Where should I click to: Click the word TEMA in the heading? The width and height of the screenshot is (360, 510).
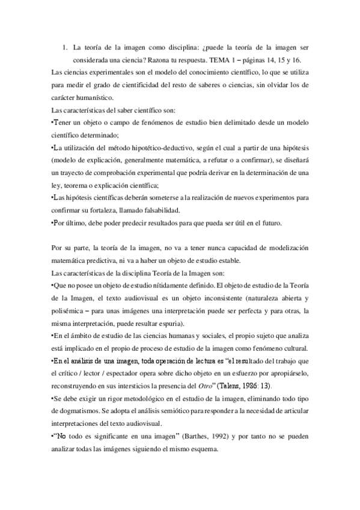coord(219,61)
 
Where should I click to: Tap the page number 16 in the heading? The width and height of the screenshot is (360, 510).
coord(297,61)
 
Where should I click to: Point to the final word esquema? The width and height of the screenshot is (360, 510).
coord(227,447)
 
